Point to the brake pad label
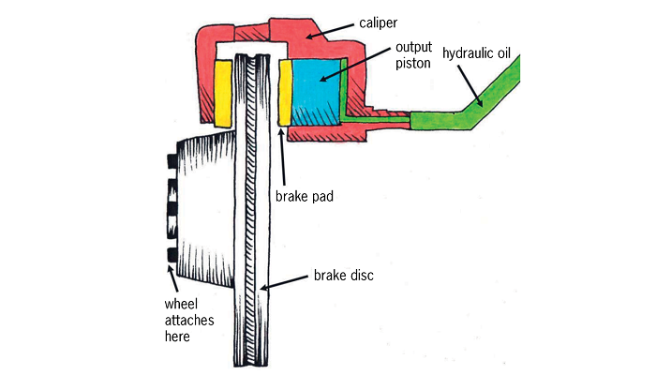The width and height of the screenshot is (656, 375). point(306,198)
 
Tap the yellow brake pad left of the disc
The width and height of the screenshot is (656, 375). point(225,93)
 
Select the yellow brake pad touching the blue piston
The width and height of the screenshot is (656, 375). point(285,93)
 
